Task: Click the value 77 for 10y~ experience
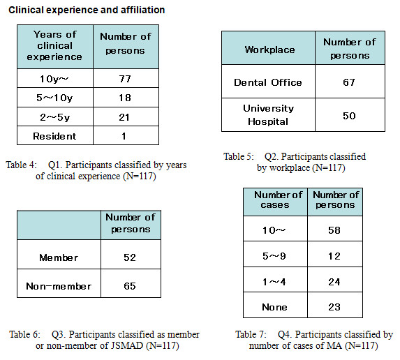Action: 125,79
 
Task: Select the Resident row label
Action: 54,136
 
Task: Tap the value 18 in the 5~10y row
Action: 125,98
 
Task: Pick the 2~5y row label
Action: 54,117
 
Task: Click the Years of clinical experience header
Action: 54,45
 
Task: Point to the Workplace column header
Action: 269,50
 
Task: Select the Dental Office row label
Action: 268,82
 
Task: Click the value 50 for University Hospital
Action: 349,116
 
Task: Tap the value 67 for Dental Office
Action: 349,82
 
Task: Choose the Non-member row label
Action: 59,286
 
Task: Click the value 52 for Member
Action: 130,257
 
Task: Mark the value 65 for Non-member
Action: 130,286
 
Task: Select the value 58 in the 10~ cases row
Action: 334,230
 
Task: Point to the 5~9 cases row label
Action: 274,256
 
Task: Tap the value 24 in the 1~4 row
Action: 334,282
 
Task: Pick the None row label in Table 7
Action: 274,307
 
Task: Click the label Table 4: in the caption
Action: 22,165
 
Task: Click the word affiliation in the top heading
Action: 142,10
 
